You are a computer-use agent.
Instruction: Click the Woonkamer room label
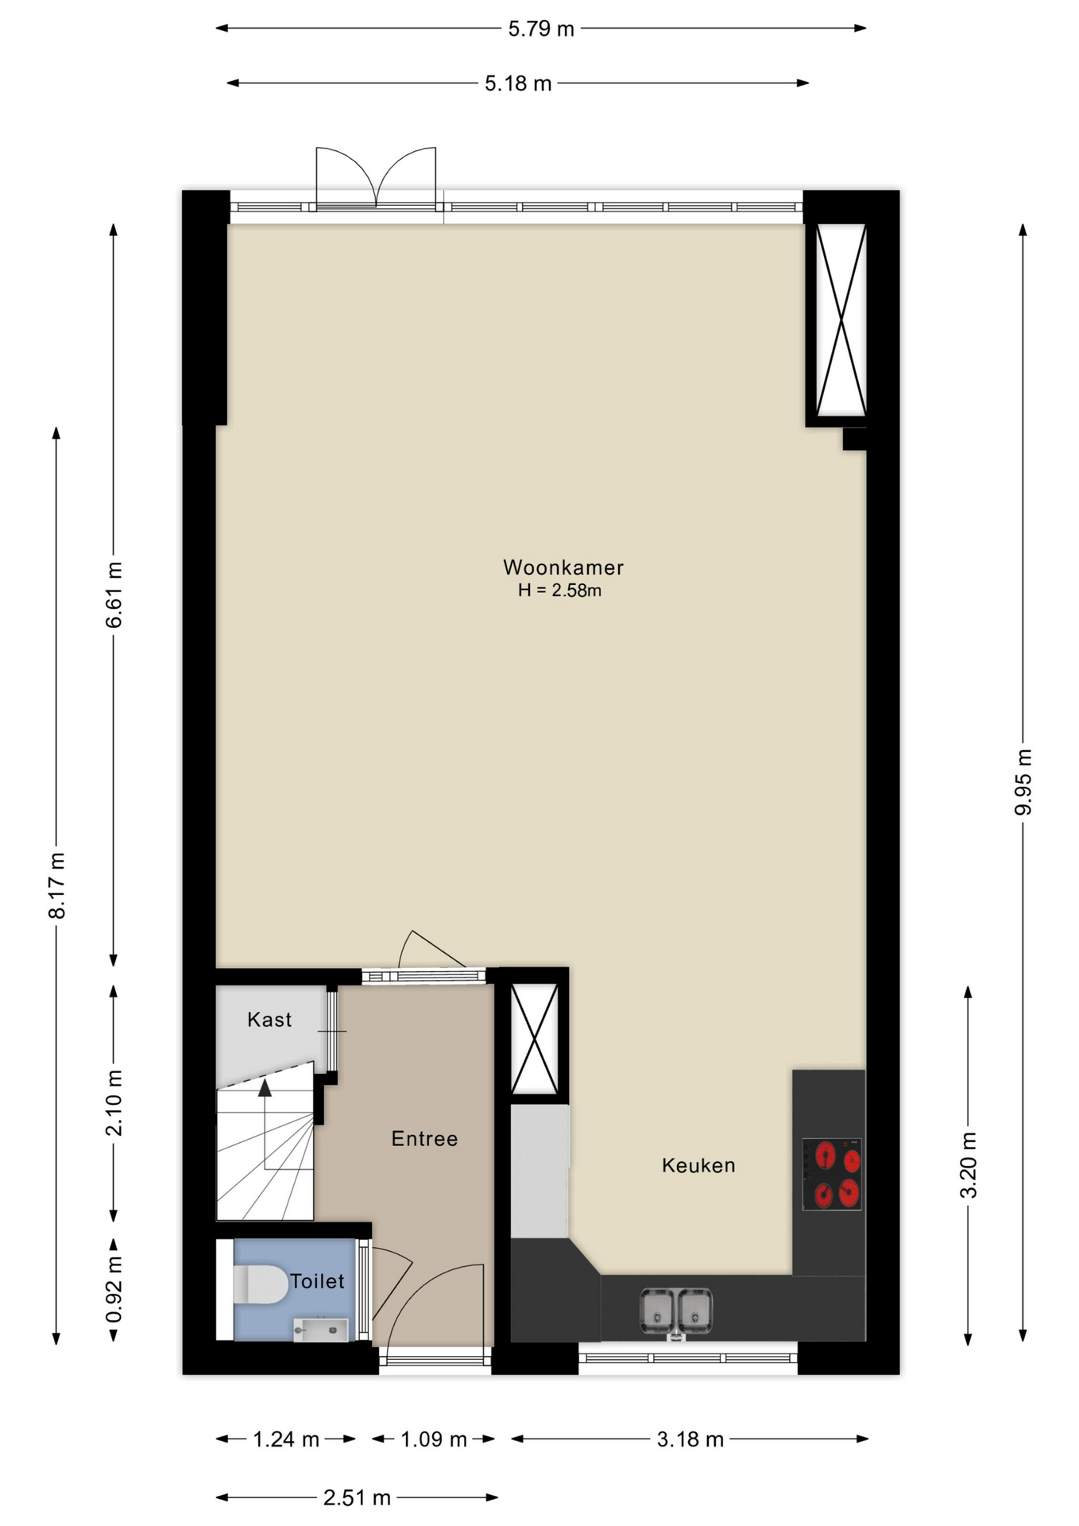(x=563, y=567)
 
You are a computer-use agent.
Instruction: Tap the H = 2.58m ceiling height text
(x=559, y=591)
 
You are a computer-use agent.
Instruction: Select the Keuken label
(x=698, y=1166)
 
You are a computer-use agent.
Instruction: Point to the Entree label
(x=424, y=1139)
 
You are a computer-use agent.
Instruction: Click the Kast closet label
(x=269, y=1020)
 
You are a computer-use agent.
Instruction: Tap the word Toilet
(x=317, y=1281)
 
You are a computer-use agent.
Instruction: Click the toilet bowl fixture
(x=261, y=1284)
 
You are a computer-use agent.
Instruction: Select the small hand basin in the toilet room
(x=321, y=1330)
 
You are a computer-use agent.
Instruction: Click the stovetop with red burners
(x=832, y=1174)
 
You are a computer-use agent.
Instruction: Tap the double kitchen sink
(x=676, y=1311)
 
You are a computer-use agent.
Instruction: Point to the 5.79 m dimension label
(x=541, y=29)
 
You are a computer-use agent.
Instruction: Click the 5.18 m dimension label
(x=518, y=83)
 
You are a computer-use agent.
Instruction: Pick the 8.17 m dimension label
(x=56, y=885)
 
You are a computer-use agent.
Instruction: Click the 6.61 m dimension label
(x=114, y=595)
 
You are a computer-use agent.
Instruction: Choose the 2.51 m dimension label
(x=357, y=1498)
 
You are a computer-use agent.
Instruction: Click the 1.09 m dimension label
(x=434, y=1439)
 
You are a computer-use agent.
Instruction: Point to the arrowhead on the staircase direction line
(x=265, y=1087)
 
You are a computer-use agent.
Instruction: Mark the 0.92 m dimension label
(x=114, y=1289)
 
